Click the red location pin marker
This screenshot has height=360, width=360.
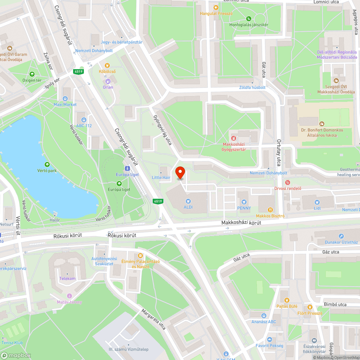pyautogui.click(x=180, y=173)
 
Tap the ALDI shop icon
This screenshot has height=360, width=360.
pyautogui.click(x=188, y=202)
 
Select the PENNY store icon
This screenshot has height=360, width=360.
pyautogui.click(x=244, y=202)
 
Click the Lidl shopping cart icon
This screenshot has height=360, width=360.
pyautogui.click(x=317, y=202)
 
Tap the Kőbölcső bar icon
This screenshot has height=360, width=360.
pyautogui.click(x=107, y=66)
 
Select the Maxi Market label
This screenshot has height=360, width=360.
pyautogui.click(x=65, y=104)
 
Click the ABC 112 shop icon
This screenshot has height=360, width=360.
pyautogui.click(x=84, y=120)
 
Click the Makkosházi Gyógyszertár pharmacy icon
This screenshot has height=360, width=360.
pyautogui.click(x=233, y=138)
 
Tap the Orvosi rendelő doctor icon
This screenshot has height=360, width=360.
pyautogui.click(x=287, y=183)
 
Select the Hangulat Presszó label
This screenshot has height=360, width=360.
pyautogui.click(x=216, y=13)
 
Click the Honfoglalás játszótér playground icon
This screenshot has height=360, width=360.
pyautogui.click(x=248, y=19)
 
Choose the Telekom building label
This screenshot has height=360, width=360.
pyautogui.click(x=67, y=279)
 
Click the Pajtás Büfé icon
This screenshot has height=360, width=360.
pyautogui.click(x=287, y=300)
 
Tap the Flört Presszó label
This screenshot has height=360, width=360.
pyautogui.click(x=310, y=313)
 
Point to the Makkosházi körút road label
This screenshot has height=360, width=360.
pyautogui.click(x=241, y=223)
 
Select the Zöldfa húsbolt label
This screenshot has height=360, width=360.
pyautogui.click(x=252, y=87)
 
